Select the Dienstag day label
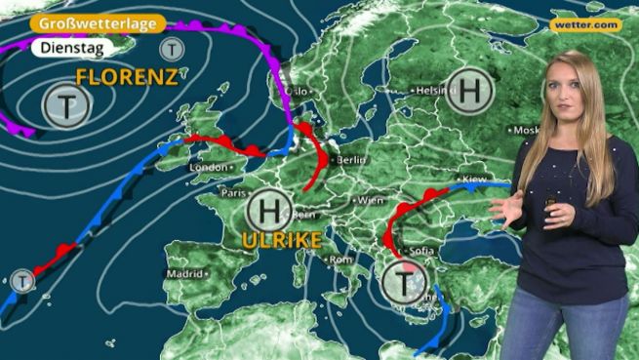point(67,47)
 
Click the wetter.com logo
point(585,24)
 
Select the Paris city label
point(231,193)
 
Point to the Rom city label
point(340,260)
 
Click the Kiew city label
point(473,180)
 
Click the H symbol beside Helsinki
point(471,93)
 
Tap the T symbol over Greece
point(402,283)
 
